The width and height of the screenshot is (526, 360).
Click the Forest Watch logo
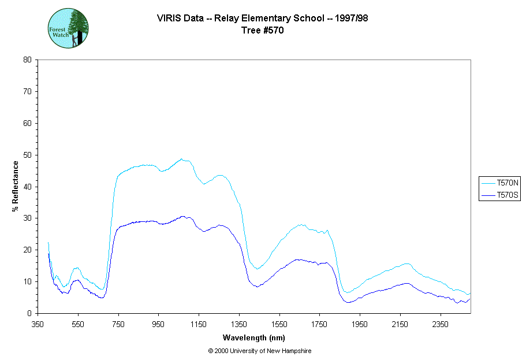pyautogui.click(x=68, y=28)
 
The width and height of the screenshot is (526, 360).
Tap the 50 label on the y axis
pyautogui.click(x=27, y=155)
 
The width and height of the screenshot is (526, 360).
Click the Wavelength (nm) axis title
pyautogui.click(x=254, y=338)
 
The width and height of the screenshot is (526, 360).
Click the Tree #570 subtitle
pyautogui.click(x=263, y=31)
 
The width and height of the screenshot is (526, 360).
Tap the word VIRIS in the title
pyautogui.click(x=169, y=18)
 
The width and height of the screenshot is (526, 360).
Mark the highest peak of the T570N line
pyautogui.click(x=181, y=159)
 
